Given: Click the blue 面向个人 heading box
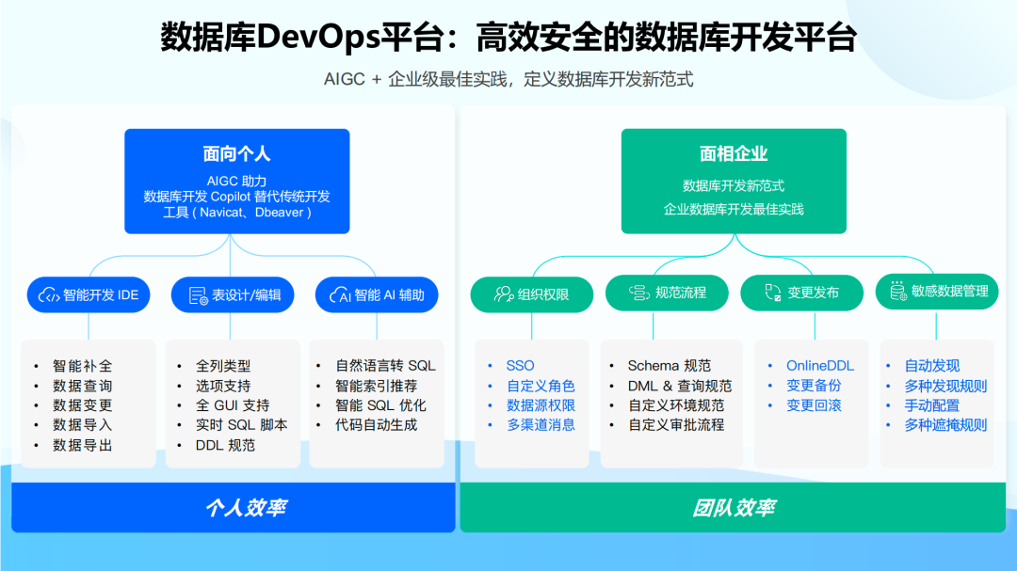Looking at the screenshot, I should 237,181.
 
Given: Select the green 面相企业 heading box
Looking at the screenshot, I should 734,181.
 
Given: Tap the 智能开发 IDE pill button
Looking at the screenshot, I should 89,294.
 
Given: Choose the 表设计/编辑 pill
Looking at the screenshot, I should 233,294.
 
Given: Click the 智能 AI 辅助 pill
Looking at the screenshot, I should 377,294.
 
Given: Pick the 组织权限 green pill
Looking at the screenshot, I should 532,293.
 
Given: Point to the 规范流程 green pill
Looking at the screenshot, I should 668,293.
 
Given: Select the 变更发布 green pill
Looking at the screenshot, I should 802,293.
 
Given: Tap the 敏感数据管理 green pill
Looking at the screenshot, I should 937,292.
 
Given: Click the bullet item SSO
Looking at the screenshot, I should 520,366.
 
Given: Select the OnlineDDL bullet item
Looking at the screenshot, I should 820,366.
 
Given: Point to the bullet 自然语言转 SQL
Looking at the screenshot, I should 386,366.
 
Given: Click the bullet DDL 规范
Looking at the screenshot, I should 225,445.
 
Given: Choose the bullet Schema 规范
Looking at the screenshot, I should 670,366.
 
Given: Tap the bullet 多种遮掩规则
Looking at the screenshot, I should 945,425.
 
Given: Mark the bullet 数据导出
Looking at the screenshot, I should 83,445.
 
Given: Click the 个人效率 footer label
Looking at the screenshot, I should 246,508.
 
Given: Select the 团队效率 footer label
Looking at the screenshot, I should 734,508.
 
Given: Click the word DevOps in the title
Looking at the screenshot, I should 317,39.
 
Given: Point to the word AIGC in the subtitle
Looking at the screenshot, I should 345,80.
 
